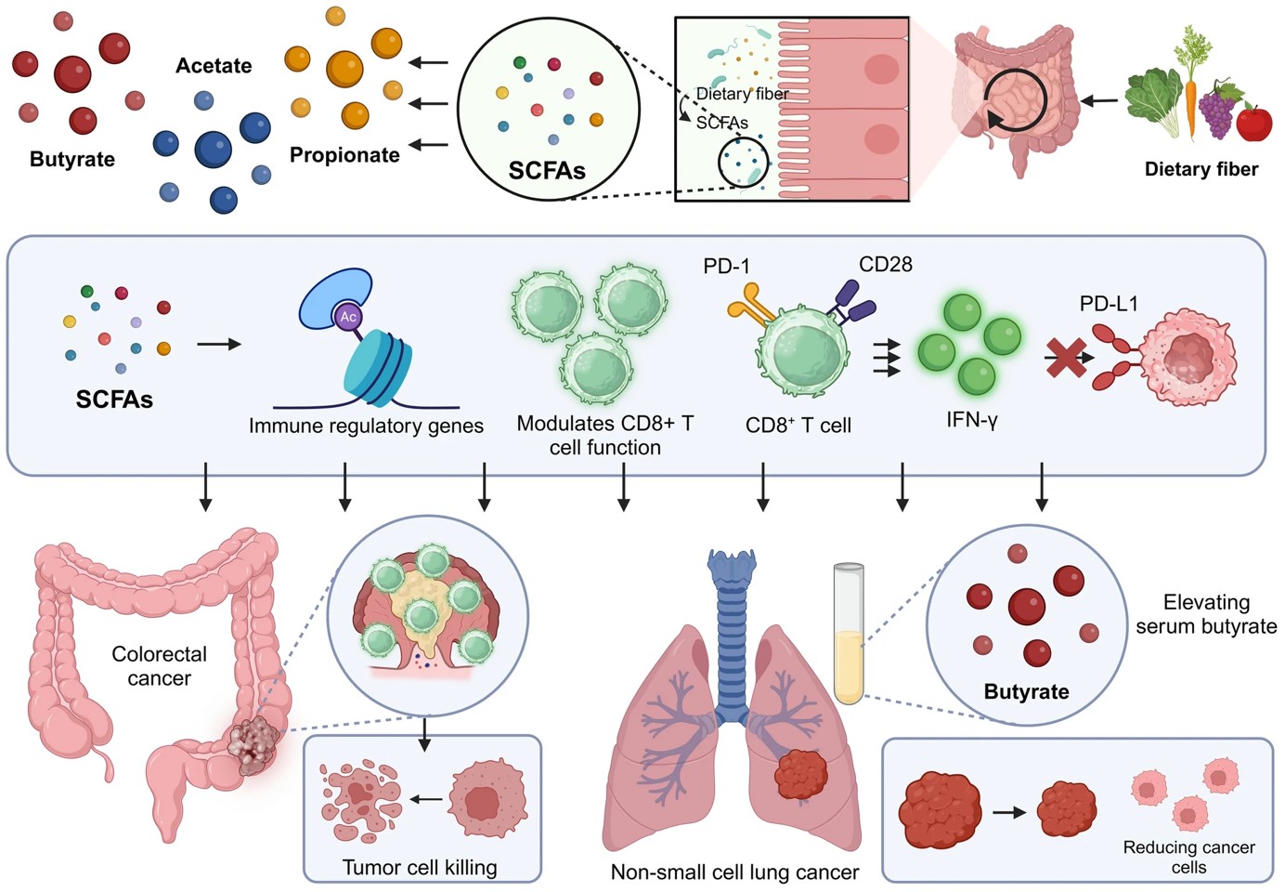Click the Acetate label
214,66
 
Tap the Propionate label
344,155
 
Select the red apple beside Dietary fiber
1254,122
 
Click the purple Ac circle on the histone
348,317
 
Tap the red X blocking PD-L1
1066,358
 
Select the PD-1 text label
726,267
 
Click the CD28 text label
885,265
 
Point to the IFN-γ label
971,420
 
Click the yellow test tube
849,634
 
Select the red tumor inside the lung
800,774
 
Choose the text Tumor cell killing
420,867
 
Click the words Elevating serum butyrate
1206,614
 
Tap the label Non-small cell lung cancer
734,872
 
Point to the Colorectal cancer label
159,666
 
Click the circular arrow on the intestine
1016,99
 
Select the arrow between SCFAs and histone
219,345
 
